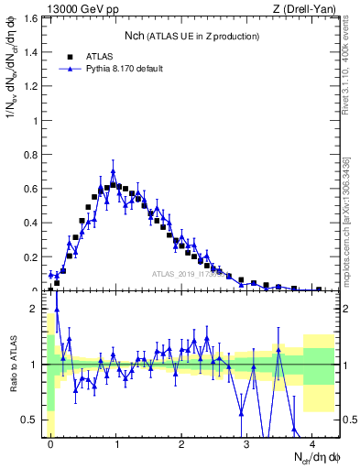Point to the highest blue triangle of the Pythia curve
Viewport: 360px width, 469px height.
click(x=113, y=171)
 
